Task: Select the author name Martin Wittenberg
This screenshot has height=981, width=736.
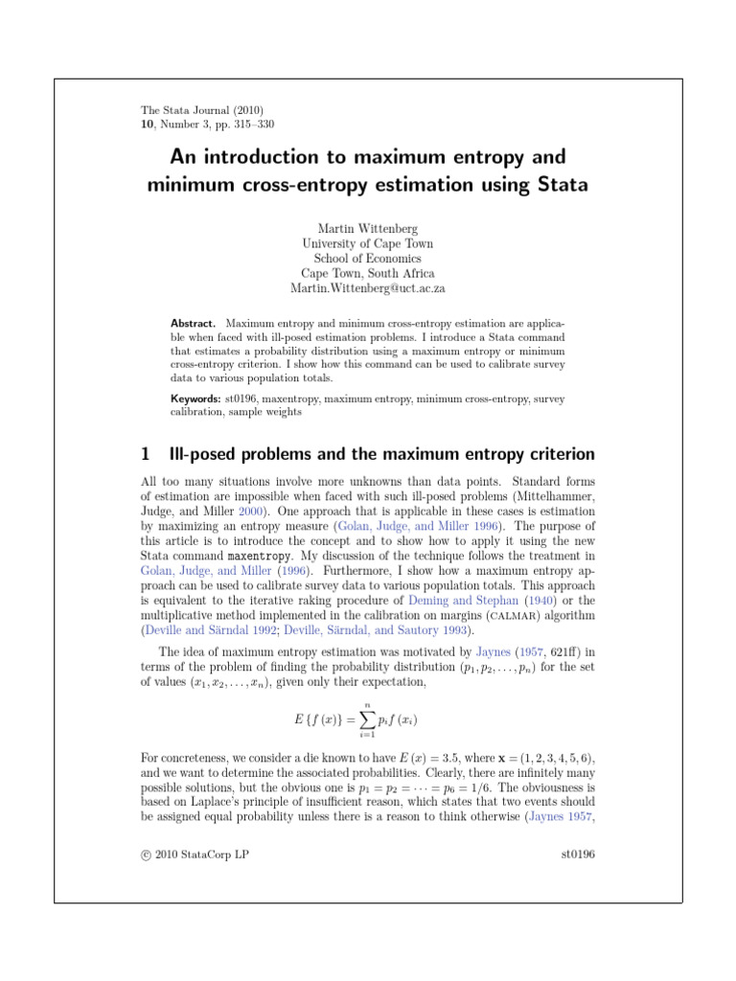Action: [367, 227]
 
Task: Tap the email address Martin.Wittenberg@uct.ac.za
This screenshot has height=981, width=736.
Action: [367, 288]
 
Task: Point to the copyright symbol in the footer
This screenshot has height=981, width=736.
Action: [145, 855]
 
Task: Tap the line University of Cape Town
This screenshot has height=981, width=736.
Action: [367, 242]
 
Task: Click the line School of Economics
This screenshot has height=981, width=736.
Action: [367, 258]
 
